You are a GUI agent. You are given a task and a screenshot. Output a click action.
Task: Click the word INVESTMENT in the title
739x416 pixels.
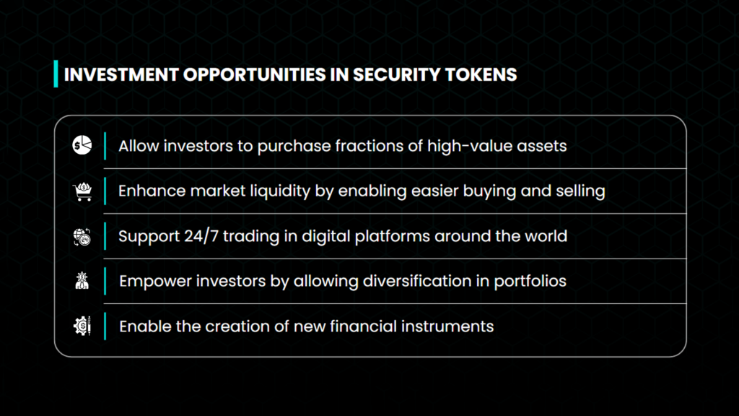coord(121,74)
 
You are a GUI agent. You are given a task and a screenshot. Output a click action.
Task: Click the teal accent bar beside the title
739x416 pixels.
coord(56,74)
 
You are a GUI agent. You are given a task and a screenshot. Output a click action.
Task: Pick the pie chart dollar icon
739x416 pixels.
coord(82,144)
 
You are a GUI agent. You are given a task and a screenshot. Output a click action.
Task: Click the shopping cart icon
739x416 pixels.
coord(82,191)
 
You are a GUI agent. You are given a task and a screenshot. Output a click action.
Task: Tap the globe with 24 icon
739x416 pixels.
coord(82,237)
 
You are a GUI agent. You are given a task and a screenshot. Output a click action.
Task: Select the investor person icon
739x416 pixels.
coord(82,281)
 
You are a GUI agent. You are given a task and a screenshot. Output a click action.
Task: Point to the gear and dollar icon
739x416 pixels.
coord(82,326)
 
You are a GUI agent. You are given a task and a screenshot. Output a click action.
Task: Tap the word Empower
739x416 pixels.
coord(155,282)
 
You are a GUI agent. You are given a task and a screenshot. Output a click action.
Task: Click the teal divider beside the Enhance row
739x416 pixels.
coord(105,191)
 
